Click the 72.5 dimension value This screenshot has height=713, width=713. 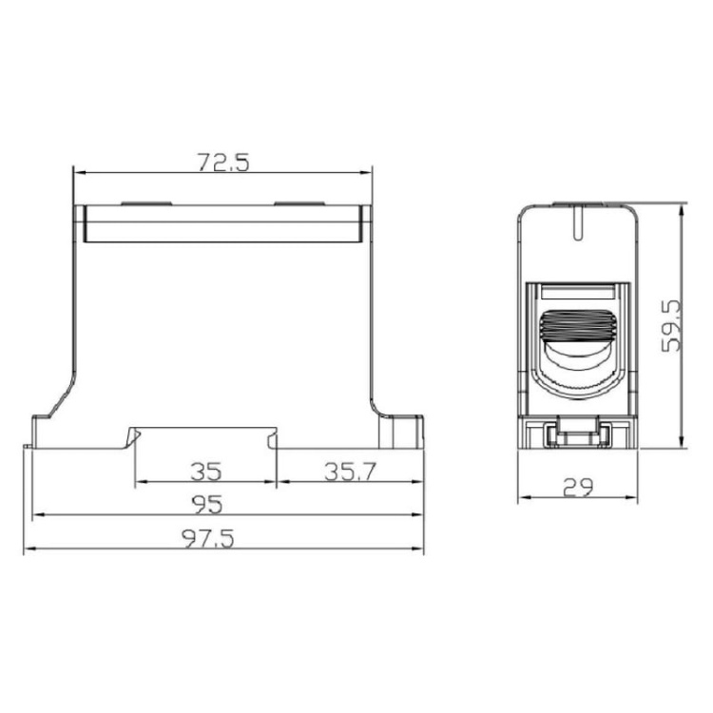coord(223,162)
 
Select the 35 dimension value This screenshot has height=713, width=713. coord(205,471)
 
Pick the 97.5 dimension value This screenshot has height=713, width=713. coord(208,538)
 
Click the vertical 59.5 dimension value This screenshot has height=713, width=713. coord(671,326)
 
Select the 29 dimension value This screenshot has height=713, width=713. coord(577,487)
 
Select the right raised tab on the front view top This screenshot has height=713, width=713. coord(299,203)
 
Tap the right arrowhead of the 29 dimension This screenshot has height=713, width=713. coord(632,498)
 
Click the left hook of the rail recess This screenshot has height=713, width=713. coord(131,437)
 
